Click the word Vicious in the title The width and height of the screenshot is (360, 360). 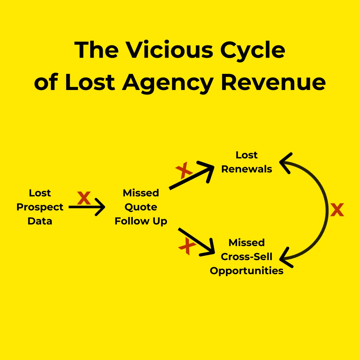pyautogui.click(x=169, y=50)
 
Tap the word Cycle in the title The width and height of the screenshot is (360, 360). pyautogui.click(x=253, y=50)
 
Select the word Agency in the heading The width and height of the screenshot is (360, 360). pyautogui.click(x=168, y=83)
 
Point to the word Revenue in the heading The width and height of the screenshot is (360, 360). pyautogui.click(x=273, y=82)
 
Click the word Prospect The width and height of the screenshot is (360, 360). pyautogui.click(x=40, y=207)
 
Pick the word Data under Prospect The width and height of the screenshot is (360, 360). pyautogui.click(x=40, y=221)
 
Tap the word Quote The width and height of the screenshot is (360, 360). pyautogui.click(x=141, y=207)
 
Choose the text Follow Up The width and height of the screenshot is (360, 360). pyautogui.click(x=141, y=221)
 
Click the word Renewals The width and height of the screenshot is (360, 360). pyautogui.click(x=247, y=169)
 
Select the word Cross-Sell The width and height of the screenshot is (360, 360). pyautogui.click(x=247, y=257)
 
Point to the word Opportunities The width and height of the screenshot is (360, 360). pyautogui.click(x=247, y=271)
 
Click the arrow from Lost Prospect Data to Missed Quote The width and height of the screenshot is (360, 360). pyautogui.click(x=87, y=207)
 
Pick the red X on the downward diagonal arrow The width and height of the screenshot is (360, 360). pyautogui.click(x=187, y=246)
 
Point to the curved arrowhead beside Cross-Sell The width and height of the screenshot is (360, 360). pyautogui.click(x=286, y=257)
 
